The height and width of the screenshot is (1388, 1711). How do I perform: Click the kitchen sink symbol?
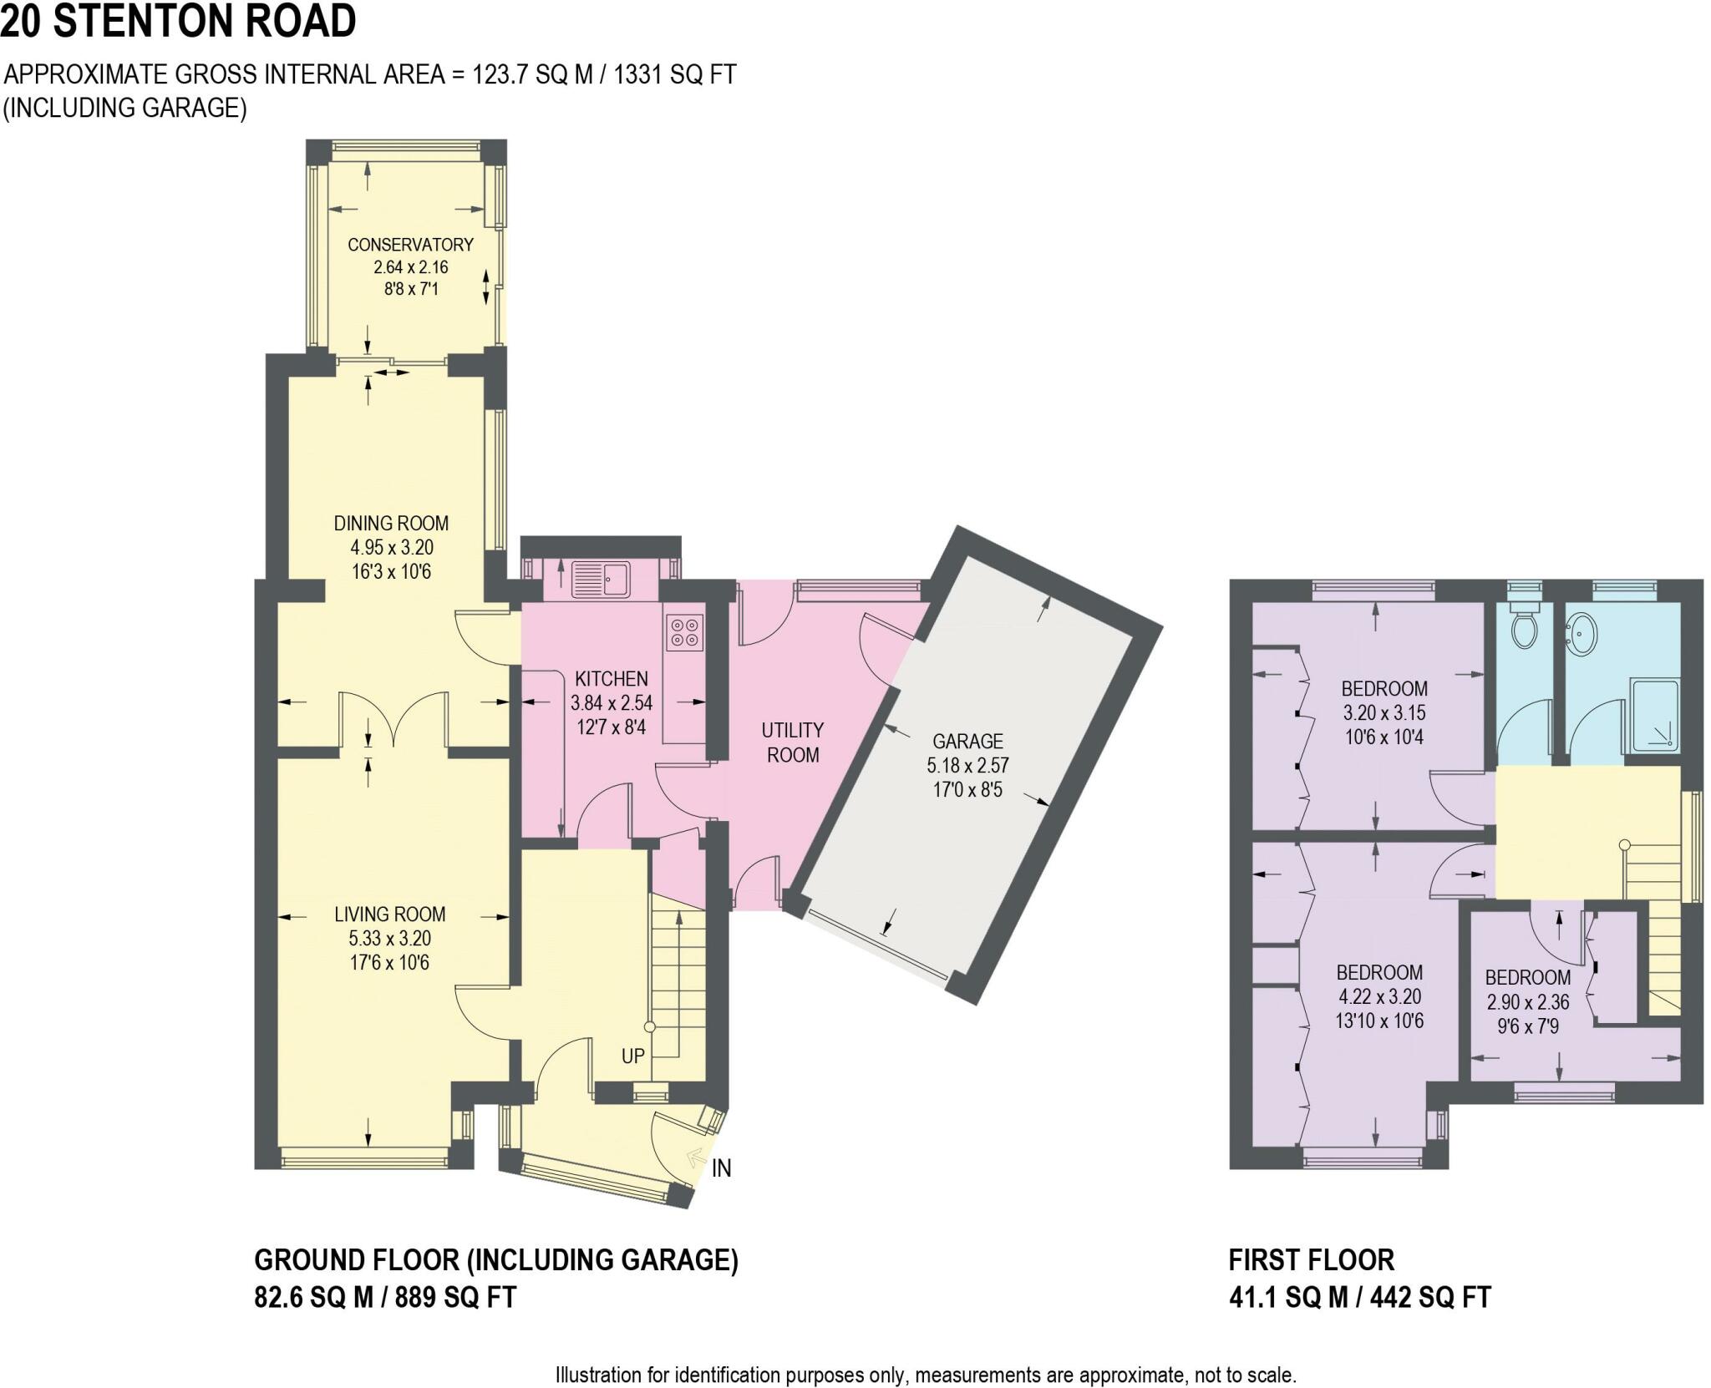(x=601, y=579)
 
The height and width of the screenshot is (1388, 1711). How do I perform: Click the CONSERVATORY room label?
(x=410, y=245)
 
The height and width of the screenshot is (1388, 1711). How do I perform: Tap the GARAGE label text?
(x=967, y=741)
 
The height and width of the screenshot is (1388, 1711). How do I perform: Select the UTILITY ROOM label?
(x=793, y=742)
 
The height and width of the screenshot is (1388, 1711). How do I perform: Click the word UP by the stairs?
(x=632, y=1056)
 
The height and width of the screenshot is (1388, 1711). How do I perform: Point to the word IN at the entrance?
(x=721, y=1169)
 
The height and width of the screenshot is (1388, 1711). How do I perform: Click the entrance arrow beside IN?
(x=694, y=1157)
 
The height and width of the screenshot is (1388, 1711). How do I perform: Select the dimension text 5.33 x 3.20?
(x=390, y=939)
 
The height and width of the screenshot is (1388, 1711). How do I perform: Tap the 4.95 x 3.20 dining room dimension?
(x=392, y=548)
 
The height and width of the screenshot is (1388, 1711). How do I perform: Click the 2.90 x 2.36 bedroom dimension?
(x=1527, y=1001)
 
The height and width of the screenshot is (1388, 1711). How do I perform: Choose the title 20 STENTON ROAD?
(x=178, y=21)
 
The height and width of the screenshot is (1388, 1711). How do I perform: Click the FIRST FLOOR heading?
(x=1311, y=1259)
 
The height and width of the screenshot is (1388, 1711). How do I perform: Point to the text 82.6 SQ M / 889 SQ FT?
(x=385, y=1297)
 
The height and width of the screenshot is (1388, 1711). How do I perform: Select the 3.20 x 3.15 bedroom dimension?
(x=1384, y=713)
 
